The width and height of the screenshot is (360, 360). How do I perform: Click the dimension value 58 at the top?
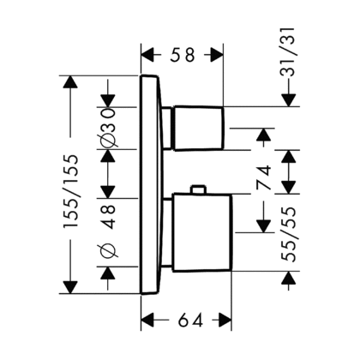coord(183,55)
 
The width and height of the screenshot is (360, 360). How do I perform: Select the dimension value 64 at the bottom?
coord(191,320)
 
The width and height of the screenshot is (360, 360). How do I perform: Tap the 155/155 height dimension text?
coord(71,191)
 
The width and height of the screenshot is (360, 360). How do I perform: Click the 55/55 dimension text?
coord(288,234)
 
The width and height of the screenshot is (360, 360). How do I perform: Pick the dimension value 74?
coord(264,177)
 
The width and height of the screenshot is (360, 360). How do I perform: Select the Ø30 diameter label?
coord(109,128)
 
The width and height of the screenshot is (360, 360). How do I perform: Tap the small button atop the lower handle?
coord(198,189)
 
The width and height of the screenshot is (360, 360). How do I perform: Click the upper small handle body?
coord(198,128)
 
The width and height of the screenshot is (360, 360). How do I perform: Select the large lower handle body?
coord(202,232)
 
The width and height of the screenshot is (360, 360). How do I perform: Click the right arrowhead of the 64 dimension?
coord(225,320)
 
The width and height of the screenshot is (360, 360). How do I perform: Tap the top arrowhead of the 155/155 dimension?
coord(70,82)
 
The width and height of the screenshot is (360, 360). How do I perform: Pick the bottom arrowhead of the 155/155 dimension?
coord(70,287)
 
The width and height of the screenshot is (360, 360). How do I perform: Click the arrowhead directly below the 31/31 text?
coord(289,100)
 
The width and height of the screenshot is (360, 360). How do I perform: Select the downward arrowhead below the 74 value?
coord(263,225)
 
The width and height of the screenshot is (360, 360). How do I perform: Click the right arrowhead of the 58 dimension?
coord(217,55)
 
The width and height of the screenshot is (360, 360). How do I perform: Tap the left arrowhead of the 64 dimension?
coord(148,320)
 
